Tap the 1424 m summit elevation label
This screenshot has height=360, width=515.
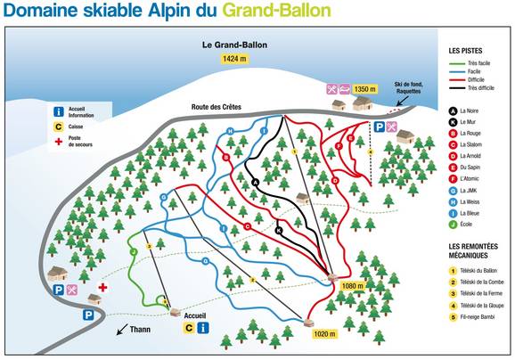click(x=233, y=59)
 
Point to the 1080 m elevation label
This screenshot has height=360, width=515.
click(x=354, y=286)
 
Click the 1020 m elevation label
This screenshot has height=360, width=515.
click(x=324, y=334)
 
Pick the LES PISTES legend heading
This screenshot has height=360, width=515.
click(x=467, y=51)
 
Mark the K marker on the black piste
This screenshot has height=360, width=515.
click(x=280, y=230)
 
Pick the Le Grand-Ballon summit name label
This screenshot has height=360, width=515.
click(x=233, y=43)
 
